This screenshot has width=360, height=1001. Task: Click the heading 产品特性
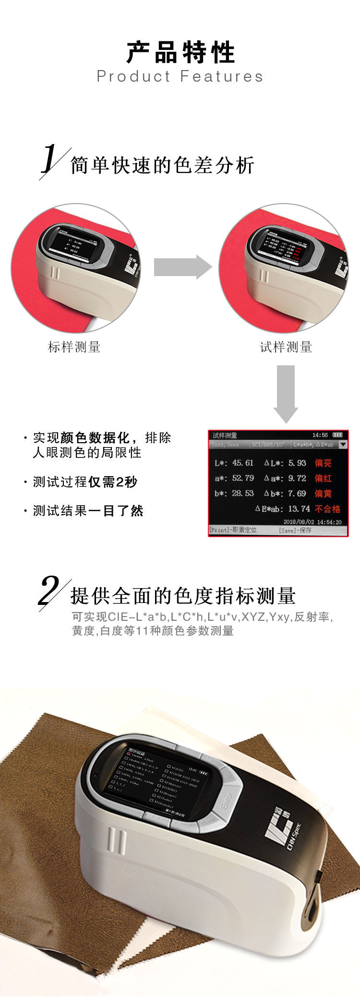pyautogui.click(x=180, y=52)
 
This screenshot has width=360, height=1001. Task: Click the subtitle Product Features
pyautogui.click(x=180, y=76)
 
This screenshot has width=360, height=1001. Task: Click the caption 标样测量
pyautogui.click(x=74, y=347)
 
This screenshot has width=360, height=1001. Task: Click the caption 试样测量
pyautogui.click(x=286, y=347)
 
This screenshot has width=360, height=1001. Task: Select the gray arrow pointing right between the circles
pyautogui.click(x=182, y=267)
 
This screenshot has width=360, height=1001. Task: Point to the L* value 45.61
pyautogui.click(x=242, y=463)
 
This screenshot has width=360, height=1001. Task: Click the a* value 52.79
pyautogui.click(x=242, y=478)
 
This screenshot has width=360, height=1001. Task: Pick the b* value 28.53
pyautogui.click(x=242, y=494)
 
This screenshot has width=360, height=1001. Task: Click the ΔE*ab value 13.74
pyautogui.click(x=299, y=509)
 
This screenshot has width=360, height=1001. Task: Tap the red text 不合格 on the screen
pyautogui.click(x=328, y=509)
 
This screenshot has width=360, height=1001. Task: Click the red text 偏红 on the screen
pyautogui.click(x=323, y=478)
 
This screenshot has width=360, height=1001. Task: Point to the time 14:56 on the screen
pyautogui.click(x=320, y=435)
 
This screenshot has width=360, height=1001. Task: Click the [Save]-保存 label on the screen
pyautogui.click(x=295, y=531)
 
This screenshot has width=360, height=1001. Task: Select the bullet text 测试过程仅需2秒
pyautogui.click(x=85, y=482)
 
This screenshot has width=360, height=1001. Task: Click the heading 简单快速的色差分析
pyautogui.click(x=162, y=166)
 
